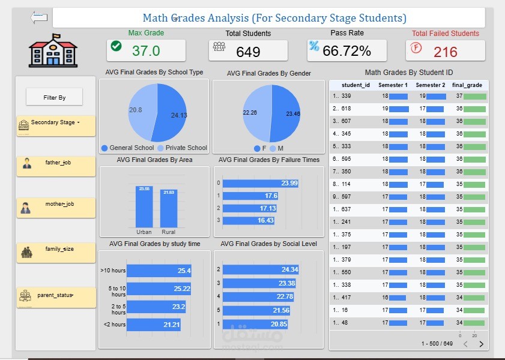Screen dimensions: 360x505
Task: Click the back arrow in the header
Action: (38, 17)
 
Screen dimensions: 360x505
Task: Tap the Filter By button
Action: (54, 97)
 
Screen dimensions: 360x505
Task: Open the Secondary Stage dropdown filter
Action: (56, 123)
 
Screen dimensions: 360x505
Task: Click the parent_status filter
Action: (56, 296)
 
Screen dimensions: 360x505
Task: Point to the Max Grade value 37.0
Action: (145, 51)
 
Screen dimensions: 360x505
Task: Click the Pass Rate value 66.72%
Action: (346, 51)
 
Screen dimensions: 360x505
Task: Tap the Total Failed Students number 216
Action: (445, 52)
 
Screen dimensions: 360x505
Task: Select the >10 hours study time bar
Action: (159, 271)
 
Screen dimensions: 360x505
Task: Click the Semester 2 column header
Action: (430, 85)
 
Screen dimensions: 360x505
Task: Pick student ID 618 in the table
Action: (346, 109)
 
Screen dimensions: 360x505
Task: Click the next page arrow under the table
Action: (480, 344)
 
